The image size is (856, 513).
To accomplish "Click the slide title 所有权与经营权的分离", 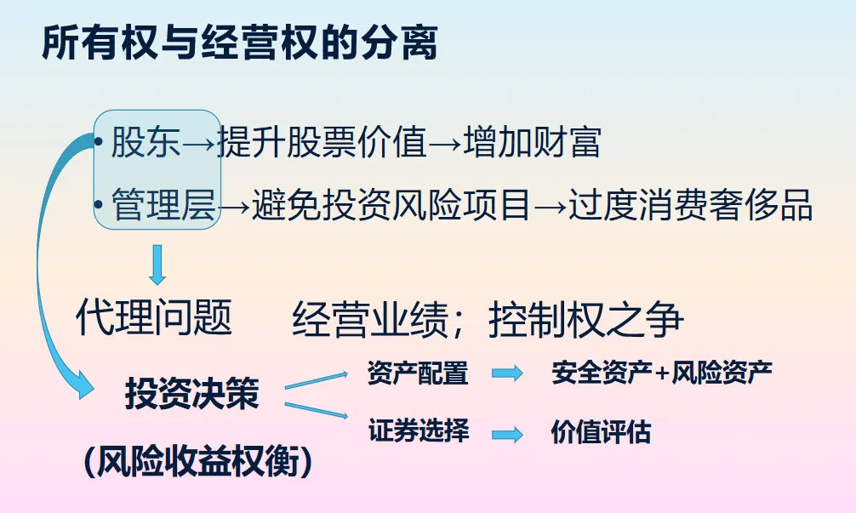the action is click(x=239, y=43).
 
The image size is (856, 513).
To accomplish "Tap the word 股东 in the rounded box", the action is click(x=146, y=142).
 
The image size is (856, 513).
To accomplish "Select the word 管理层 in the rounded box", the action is click(x=163, y=205).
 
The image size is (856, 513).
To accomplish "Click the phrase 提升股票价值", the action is click(x=322, y=142).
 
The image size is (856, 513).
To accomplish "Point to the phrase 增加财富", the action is click(x=533, y=142).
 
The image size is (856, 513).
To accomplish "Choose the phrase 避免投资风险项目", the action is click(x=391, y=205).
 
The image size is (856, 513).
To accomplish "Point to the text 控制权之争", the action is click(x=586, y=320).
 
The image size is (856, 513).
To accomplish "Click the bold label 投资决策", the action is click(x=191, y=394).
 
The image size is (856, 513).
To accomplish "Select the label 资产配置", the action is click(x=418, y=373).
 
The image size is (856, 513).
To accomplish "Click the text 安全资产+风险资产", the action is click(x=662, y=373).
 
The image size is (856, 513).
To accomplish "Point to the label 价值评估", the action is click(x=601, y=431).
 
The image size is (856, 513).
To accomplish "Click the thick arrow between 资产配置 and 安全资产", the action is click(x=508, y=373).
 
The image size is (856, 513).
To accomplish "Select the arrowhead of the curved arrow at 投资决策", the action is click(x=83, y=390).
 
